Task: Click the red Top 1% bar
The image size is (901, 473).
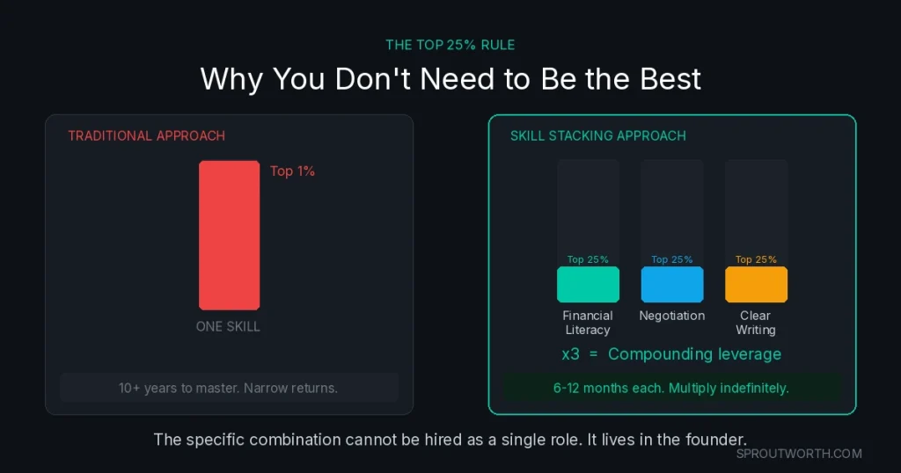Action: [x=229, y=235]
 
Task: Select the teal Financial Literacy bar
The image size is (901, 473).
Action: [x=588, y=285]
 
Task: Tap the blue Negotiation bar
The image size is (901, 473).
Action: [x=671, y=285]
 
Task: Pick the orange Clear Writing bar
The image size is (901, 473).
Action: [x=756, y=285]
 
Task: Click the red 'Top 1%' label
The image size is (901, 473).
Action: [x=292, y=171]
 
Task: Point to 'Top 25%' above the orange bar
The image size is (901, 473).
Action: [x=756, y=259]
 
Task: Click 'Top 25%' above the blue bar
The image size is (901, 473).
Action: [x=671, y=259]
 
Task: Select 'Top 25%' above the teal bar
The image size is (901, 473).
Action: [x=588, y=259]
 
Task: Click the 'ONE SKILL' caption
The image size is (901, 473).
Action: [x=228, y=326]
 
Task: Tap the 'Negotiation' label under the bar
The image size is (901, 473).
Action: [x=671, y=316]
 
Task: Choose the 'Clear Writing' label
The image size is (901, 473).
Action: [x=756, y=323]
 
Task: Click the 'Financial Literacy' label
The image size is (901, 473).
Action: [x=588, y=323]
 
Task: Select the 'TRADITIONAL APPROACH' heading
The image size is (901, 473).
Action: [x=146, y=136]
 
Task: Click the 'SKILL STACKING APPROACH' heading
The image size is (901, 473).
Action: [x=597, y=136]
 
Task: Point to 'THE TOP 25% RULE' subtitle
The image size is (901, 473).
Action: [x=450, y=45]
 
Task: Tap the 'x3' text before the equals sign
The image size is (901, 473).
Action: [x=571, y=354]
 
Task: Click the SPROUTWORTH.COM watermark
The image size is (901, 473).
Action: [x=799, y=454]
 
